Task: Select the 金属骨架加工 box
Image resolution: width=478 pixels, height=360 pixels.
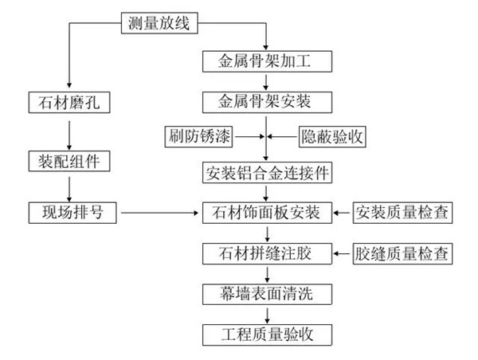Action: [266, 61]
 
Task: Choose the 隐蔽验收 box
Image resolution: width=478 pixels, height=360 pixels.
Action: [331, 136]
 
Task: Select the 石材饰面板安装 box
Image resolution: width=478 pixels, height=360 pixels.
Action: [266, 213]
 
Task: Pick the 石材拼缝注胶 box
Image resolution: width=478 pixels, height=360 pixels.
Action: [266, 254]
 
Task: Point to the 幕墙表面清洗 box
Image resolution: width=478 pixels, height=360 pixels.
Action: [266, 294]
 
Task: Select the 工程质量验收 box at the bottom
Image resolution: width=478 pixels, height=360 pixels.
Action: [266, 333]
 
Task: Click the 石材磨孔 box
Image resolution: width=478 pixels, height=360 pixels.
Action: [69, 101]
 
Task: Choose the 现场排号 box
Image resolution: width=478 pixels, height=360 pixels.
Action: [69, 213]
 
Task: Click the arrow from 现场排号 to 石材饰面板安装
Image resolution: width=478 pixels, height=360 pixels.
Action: [159, 213]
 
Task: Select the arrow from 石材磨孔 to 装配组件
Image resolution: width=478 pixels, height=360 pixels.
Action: [69, 131]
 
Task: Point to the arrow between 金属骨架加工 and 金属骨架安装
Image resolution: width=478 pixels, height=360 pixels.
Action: [266, 80]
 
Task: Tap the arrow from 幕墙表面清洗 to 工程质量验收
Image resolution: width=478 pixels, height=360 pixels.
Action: [266, 313]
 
